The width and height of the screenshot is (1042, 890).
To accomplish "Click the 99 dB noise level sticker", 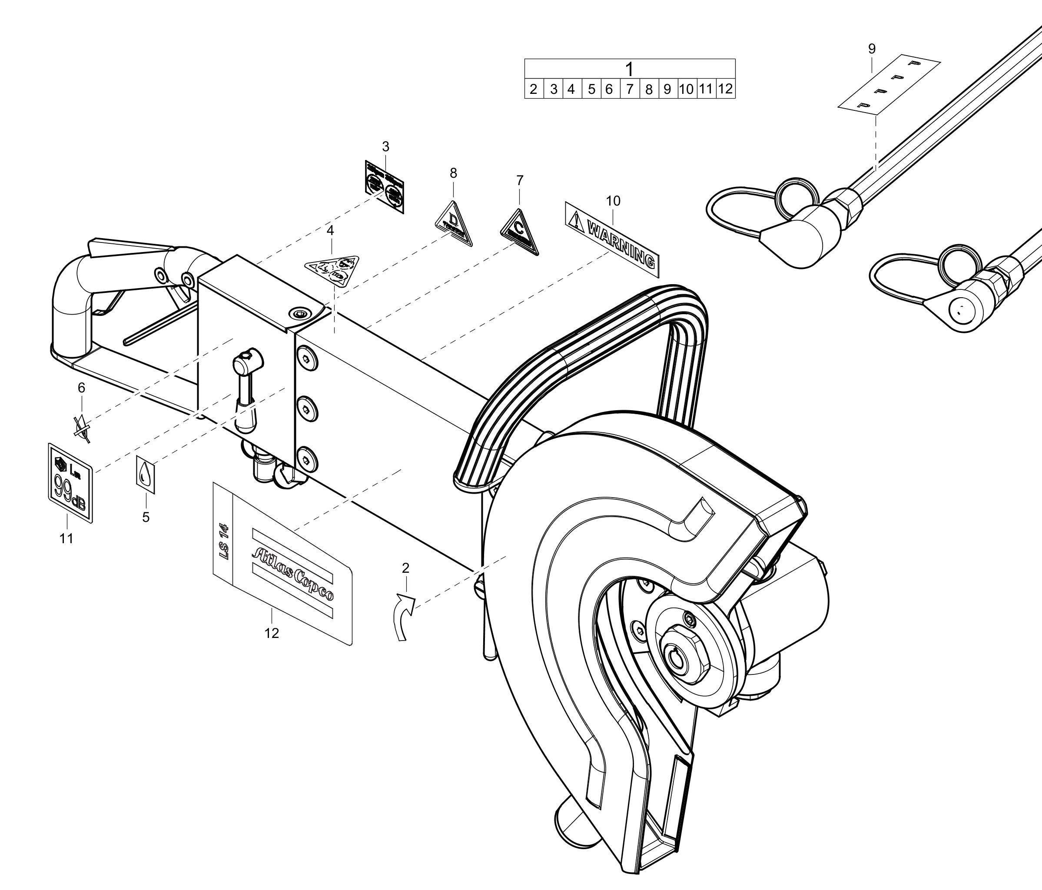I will (x=70, y=483).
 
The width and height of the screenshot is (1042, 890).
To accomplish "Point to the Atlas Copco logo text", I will (x=292, y=573).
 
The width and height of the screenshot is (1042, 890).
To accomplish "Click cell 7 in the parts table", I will (x=629, y=90).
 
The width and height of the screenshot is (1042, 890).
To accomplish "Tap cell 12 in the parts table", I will (x=725, y=89).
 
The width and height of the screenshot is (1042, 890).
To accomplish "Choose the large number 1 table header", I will (x=629, y=69).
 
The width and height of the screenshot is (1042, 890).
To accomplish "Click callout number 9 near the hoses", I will (x=872, y=49).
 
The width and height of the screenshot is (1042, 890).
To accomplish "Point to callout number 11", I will (x=66, y=538).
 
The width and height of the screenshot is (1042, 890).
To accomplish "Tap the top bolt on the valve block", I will (x=306, y=357).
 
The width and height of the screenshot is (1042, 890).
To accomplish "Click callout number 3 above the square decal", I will (x=386, y=147).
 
